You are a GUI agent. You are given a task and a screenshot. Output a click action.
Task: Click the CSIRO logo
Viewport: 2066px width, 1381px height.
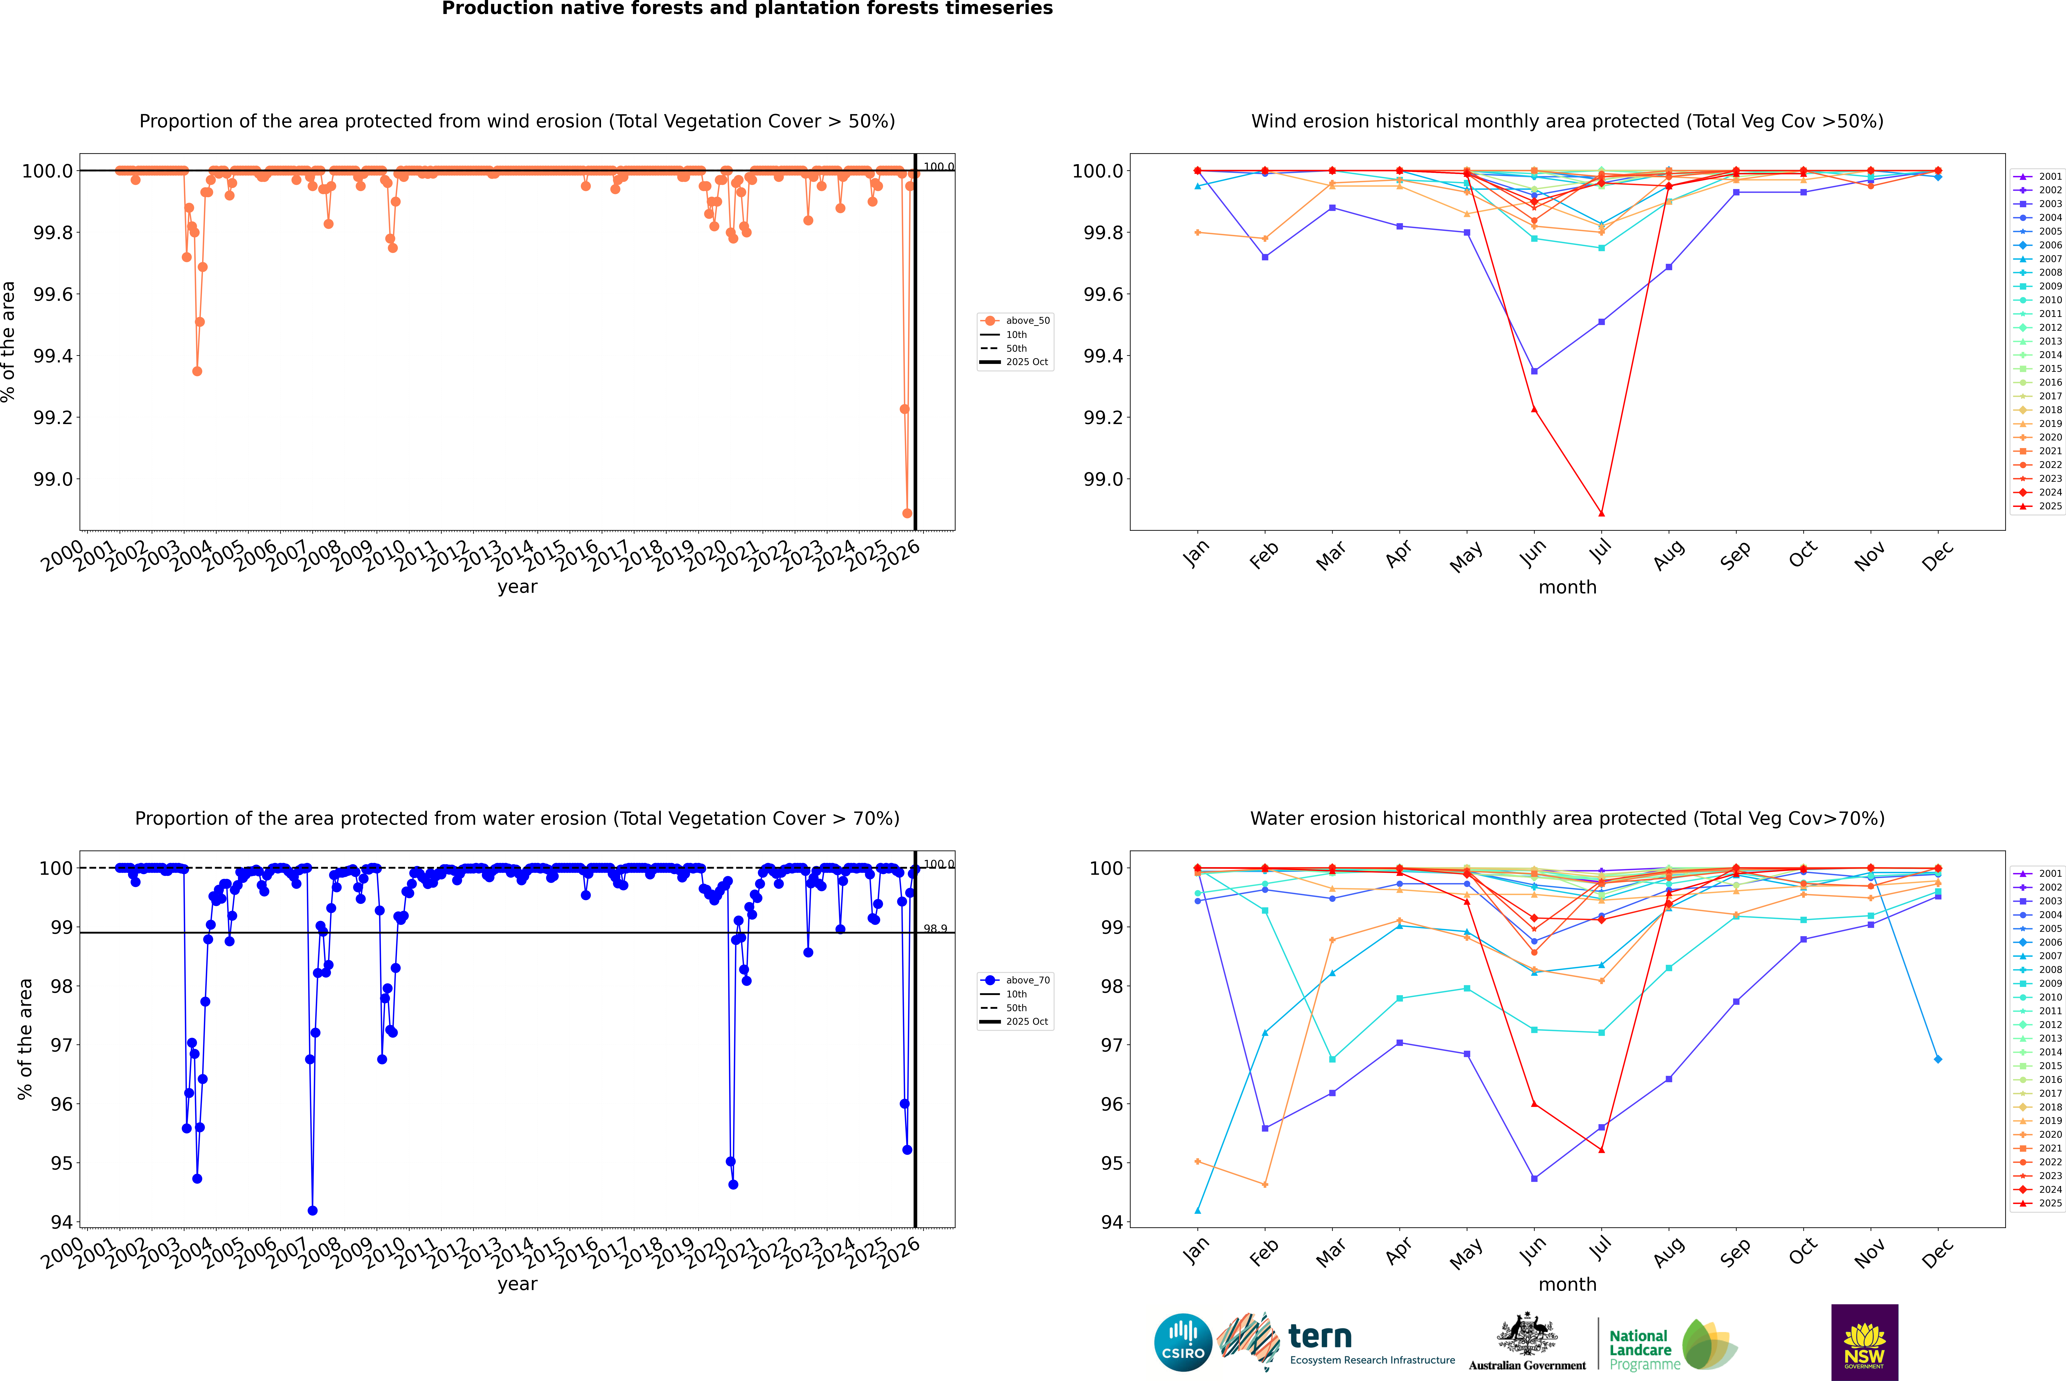1183,1342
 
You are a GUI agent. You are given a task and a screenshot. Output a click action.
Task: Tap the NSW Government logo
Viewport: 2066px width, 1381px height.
1864,1342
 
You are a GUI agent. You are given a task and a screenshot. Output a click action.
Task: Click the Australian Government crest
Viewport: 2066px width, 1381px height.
1527,1334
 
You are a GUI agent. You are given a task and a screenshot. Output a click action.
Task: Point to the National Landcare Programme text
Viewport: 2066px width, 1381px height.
1640,1349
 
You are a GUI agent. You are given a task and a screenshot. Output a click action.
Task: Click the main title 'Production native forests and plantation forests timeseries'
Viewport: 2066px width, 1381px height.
747,9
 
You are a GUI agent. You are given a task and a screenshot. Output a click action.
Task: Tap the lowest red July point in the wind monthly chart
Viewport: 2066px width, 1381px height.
1601,513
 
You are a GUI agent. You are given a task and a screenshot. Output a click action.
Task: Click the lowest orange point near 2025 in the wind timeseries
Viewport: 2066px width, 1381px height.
907,513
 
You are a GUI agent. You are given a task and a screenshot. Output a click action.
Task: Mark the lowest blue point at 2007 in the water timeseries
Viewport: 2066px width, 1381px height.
313,1211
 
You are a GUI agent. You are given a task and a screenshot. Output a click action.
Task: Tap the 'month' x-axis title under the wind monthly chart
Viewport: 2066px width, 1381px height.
1567,588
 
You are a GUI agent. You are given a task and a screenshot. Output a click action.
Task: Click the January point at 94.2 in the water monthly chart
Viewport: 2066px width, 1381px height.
1198,1211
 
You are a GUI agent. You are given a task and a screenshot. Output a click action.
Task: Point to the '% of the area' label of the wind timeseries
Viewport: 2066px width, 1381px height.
9,342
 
